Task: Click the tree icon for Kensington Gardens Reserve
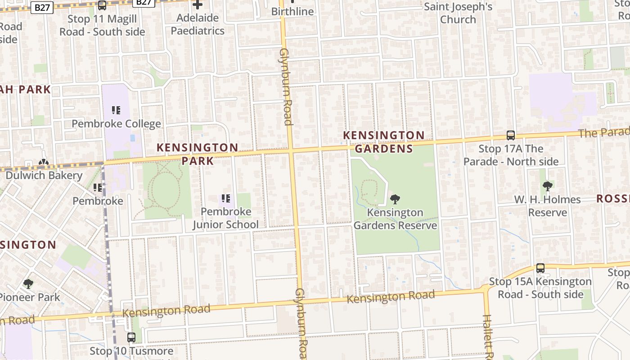click(395, 199)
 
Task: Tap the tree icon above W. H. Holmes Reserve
click(547, 186)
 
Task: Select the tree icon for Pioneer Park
click(28, 283)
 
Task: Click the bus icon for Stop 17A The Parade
click(511, 135)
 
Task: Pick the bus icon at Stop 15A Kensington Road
click(540, 268)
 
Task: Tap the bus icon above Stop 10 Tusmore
click(131, 337)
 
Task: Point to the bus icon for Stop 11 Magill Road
click(102, 5)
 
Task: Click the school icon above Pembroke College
click(116, 110)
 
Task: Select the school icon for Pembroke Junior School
click(226, 198)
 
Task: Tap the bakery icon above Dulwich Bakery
click(43, 162)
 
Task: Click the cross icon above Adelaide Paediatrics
click(198, 5)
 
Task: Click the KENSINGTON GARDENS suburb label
click(384, 142)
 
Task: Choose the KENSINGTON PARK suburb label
click(198, 154)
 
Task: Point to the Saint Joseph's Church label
click(458, 13)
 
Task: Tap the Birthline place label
click(292, 11)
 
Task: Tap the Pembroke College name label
click(116, 124)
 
